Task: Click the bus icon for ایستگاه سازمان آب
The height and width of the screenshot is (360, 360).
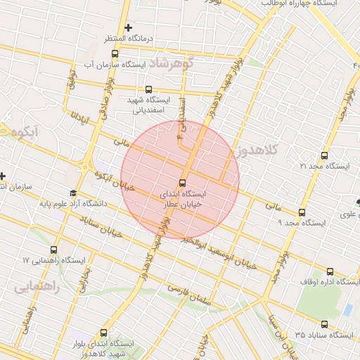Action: pos(115,53)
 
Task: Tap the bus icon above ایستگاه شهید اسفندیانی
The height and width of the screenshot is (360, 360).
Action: pos(148,89)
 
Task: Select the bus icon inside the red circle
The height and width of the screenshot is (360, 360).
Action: pos(183,182)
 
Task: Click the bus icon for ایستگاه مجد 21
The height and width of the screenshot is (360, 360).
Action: pos(323,155)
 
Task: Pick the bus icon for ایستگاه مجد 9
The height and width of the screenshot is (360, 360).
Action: pos(302,212)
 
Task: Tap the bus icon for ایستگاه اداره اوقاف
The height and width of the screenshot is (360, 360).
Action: pos(330,271)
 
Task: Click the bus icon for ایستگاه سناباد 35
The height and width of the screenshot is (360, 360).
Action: pos(324,324)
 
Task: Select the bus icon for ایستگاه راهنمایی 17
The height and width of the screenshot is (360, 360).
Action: pos(54,250)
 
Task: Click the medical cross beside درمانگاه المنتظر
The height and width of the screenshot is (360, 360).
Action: pos(128,27)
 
